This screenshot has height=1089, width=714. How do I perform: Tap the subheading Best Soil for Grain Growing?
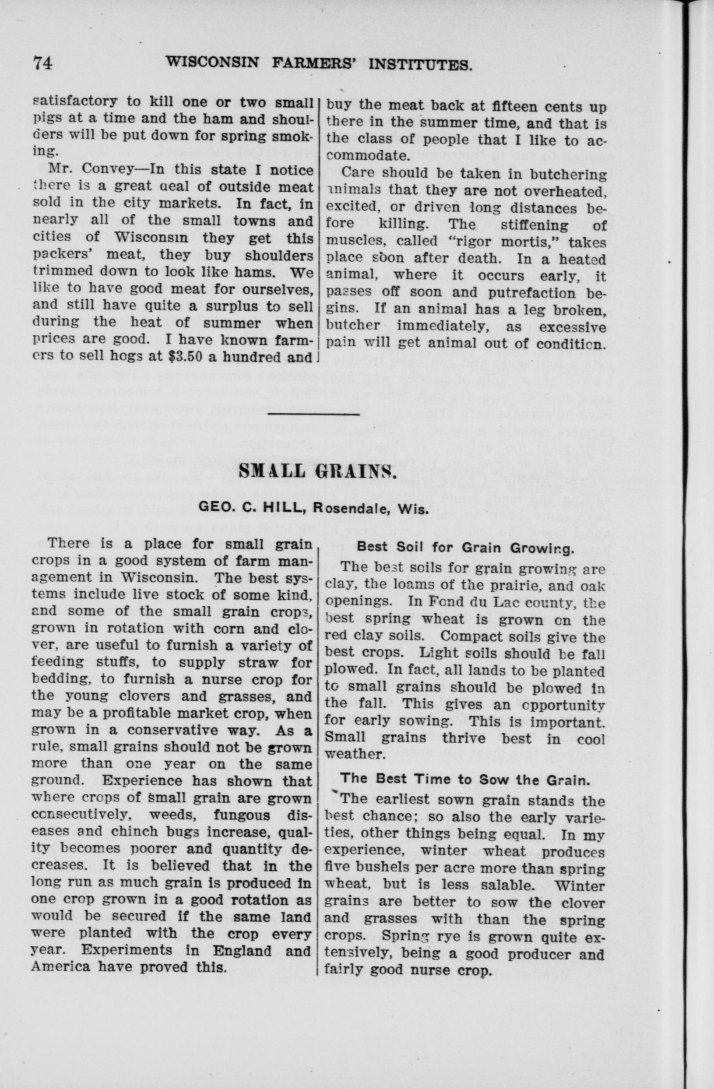465,548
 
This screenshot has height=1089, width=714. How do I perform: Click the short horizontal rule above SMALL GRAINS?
313,415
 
